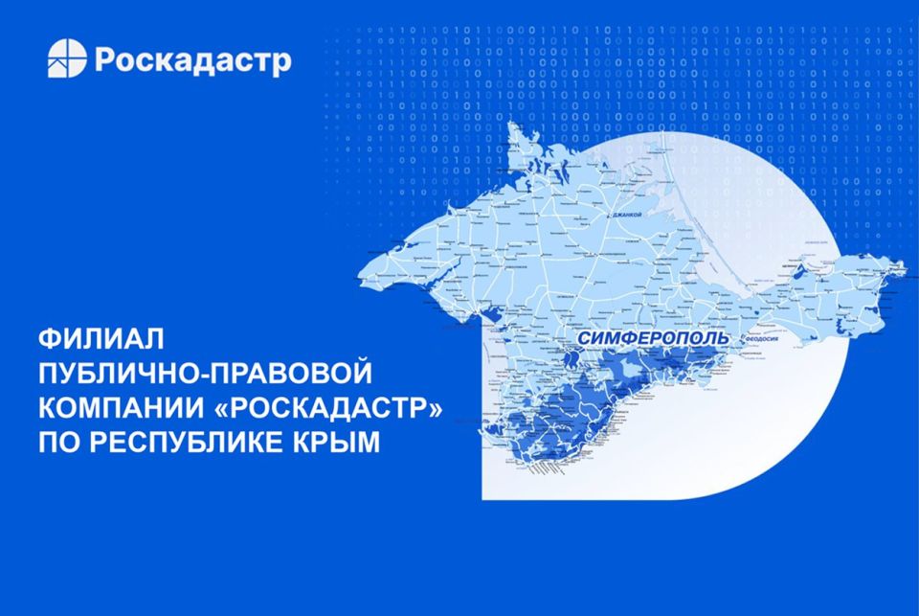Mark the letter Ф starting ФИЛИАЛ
click(x=50, y=339)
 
